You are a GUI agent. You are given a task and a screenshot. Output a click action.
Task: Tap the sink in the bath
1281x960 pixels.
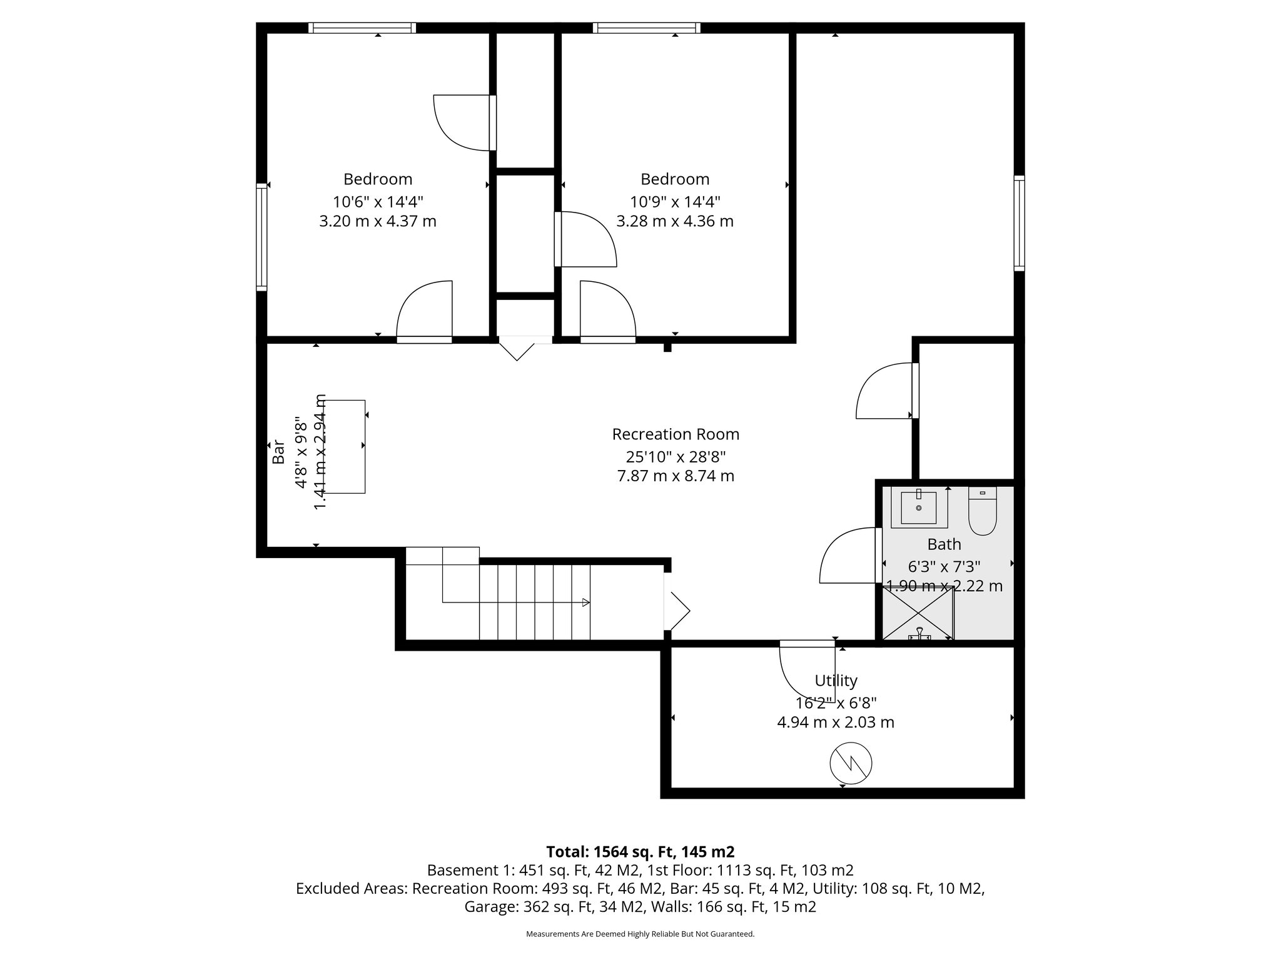click(919, 508)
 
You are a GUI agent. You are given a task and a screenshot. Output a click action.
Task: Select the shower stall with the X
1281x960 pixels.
click(918, 612)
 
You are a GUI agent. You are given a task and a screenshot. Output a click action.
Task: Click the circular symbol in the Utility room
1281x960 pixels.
click(851, 763)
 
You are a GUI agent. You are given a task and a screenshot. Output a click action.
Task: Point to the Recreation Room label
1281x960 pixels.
click(676, 434)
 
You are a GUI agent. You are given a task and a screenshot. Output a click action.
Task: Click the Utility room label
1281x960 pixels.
click(836, 681)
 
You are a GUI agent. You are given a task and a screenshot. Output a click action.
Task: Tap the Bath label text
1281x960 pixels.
click(944, 544)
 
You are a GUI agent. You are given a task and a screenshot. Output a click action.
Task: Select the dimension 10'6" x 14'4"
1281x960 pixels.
click(378, 202)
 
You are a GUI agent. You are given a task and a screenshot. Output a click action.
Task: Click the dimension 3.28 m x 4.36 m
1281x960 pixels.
click(675, 221)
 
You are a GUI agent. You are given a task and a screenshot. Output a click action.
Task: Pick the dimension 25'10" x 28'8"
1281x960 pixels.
click(676, 456)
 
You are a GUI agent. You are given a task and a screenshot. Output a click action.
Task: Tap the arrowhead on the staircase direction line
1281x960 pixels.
click(585, 602)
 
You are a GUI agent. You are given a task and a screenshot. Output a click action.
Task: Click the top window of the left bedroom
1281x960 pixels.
click(362, 27)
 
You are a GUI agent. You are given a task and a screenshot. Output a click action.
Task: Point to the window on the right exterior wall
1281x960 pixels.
click(1020, 223)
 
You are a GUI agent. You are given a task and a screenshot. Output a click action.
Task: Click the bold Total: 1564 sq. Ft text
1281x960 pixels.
click(640, 852)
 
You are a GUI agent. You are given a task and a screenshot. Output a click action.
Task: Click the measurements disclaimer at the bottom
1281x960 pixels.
click(640, 934)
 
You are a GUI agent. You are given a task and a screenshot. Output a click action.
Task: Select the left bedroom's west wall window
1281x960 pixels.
click(261, 237)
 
